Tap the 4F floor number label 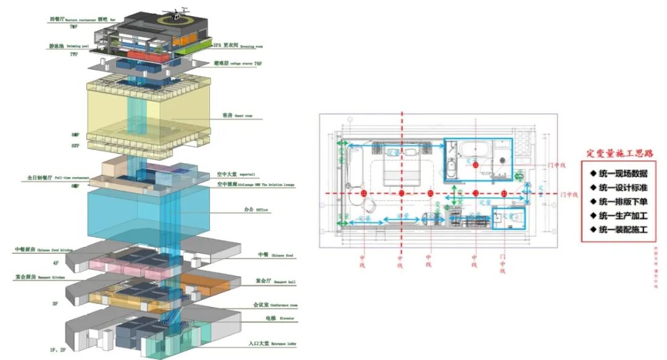pyautogui.click(x=56, y=263)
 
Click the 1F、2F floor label pyautogui.click(x=58, y=350)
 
